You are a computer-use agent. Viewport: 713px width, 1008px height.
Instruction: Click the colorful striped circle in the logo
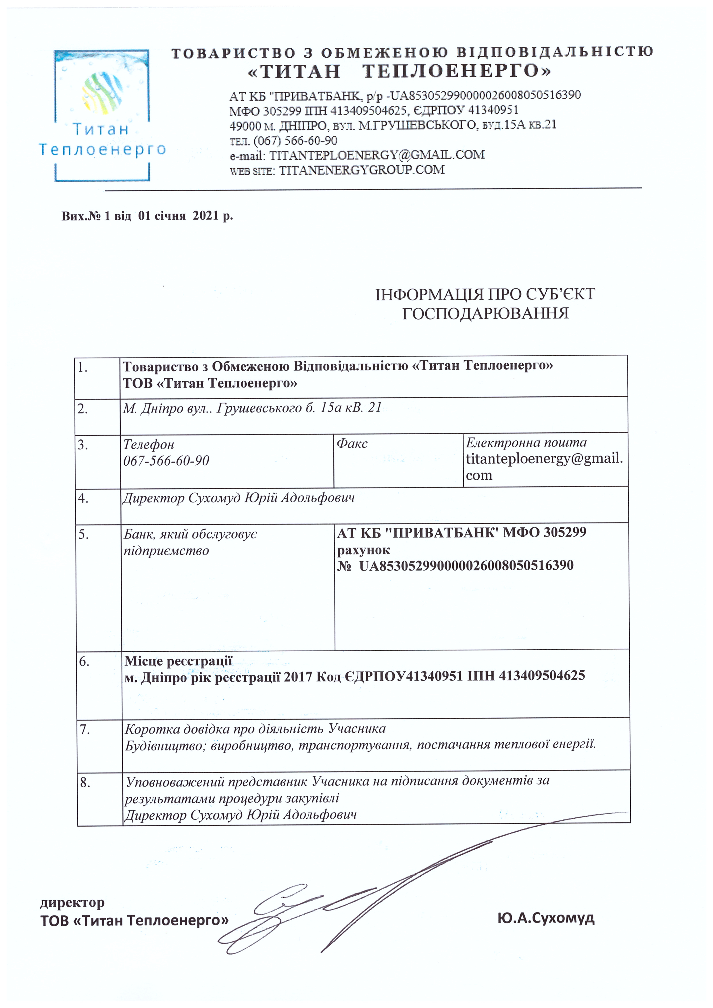tap(101, 92)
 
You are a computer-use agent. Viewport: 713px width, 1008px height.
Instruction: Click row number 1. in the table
tap(83, 367)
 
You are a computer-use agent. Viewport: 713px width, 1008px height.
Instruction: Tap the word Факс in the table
tap(352, 443)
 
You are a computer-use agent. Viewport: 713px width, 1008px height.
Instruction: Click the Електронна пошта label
tap(526, 442)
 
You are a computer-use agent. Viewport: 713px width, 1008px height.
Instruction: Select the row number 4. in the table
tap(83, 498)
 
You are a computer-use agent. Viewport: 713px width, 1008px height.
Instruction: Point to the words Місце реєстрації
tap(178, 661)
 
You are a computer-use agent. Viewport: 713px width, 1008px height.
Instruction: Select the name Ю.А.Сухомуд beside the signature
tap(546, 917)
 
